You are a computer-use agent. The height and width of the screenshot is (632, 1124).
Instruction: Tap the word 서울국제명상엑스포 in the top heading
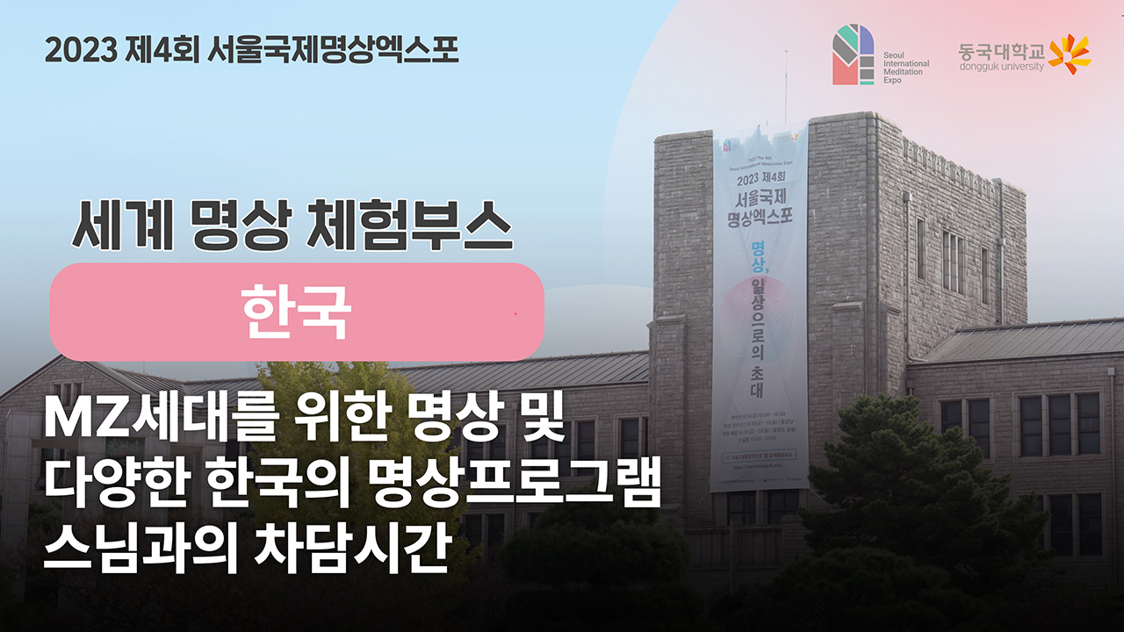click(335, 48)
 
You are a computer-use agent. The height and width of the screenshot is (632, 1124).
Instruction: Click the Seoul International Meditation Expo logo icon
click(853, 54)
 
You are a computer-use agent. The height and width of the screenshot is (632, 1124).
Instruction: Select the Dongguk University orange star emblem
click(1070, 54)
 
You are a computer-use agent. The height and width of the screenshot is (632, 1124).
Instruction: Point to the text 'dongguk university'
click(1001, 67)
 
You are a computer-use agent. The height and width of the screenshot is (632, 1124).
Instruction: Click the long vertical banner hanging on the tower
click(760, 307)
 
